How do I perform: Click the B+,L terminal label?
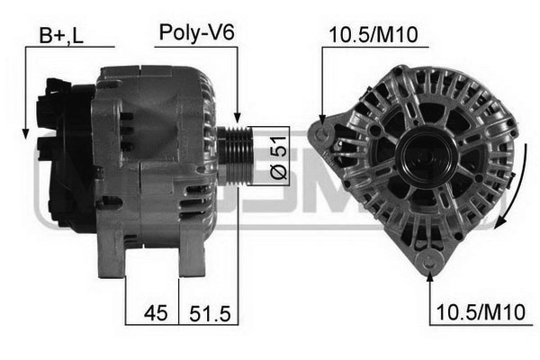[x=61, y=35]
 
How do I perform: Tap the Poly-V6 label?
[x=196, y=32]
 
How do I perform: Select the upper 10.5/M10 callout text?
[x=373, y=35]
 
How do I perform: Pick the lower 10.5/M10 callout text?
[x=481, y=312]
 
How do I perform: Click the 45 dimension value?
[x=156, y=313]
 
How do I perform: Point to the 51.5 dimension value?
[x=210, y=313]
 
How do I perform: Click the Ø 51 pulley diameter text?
[x=278, y=157]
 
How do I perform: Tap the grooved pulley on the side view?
[x=235, y=156]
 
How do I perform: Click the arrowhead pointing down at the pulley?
[x=238, y=118]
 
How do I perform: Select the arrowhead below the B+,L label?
[x=25, y=134]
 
